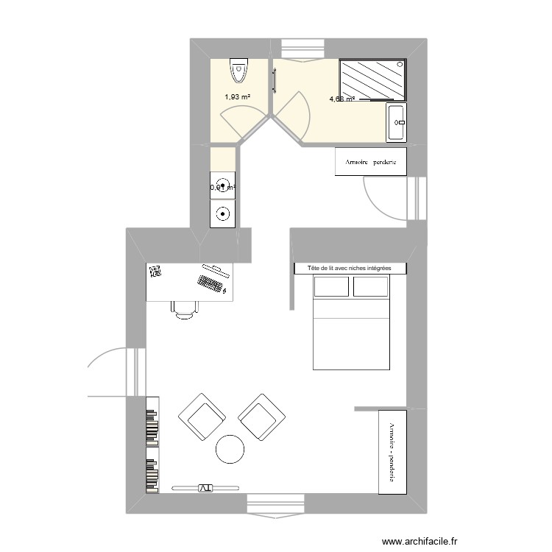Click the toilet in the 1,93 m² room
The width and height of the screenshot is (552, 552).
pos(238,71)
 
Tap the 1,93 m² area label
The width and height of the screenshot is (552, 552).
pos(237,96)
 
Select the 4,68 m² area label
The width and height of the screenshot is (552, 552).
pos(342,99)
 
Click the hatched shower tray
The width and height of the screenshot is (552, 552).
pos(372,80)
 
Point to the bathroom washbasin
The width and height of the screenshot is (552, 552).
pos(396,122)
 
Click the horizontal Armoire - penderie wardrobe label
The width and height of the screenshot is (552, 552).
pos(371,162)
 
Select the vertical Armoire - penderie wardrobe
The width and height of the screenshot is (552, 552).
pos(391,451)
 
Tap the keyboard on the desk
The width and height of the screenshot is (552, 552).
pos(210,283)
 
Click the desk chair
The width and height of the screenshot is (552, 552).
pos(185,308)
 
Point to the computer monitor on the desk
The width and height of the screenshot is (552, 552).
pos(213,266)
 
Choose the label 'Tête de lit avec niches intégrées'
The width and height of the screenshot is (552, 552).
pos(349,269)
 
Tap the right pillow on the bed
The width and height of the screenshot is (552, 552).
pos(370,287)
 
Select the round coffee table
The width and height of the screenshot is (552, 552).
pos(230,448)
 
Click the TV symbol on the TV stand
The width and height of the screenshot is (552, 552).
pos(204,487)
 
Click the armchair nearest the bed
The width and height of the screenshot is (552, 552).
pos(261,417)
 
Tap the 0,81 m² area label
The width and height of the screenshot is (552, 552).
pos(222,188)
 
